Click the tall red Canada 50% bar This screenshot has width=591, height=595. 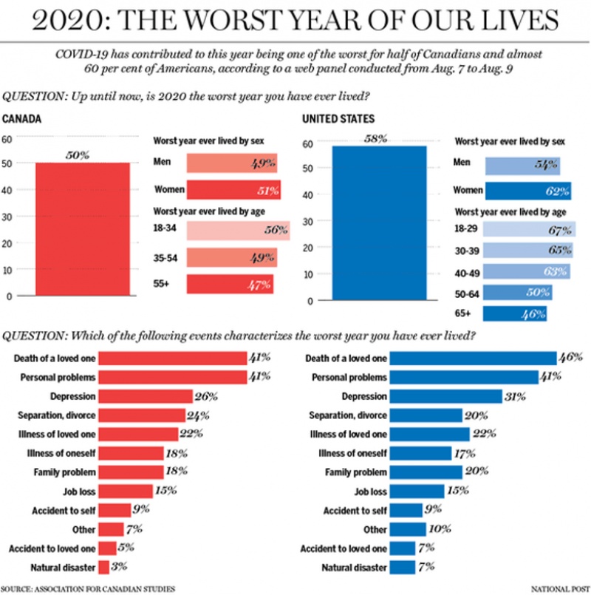click(83, 229)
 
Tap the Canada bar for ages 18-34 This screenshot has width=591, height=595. click(237, 231)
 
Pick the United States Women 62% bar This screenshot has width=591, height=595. click(528, 191)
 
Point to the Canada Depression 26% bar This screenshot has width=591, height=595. click(146, 395)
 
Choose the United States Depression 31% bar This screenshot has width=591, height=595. click(446, 395)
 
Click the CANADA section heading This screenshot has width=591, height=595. click(21, 119)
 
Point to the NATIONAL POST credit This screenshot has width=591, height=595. click(558, 588)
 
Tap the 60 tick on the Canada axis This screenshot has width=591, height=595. click(7, 138)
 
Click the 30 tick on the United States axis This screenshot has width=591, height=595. click(309, 222)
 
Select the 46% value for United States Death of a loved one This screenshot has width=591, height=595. click(570, 358)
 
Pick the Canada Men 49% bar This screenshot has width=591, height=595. click(232, 163)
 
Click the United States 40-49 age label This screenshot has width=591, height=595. click(468, 272)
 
